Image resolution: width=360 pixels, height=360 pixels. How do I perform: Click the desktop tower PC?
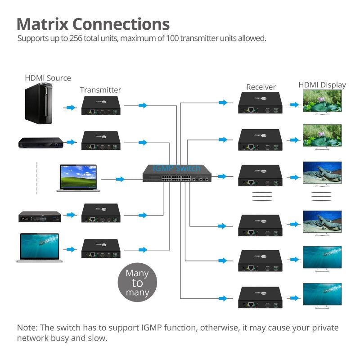tap(39, 104)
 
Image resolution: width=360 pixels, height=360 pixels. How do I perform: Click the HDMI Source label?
tap(48, 78)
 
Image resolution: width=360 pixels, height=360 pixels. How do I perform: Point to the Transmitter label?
tap(100, 90)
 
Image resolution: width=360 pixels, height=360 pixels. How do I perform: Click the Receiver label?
tap(261, 87)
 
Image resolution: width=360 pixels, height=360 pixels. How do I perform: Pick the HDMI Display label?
tap(322, 85)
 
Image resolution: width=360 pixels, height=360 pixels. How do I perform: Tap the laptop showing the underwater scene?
tap(39, 247)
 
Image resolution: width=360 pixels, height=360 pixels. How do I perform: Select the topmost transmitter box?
tap(102, 105)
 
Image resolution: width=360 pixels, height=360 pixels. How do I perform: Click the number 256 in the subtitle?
tap(75, 38)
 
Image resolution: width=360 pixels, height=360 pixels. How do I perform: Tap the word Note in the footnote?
tap(27, 328)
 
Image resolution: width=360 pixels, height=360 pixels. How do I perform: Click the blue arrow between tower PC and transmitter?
tap(70, 108)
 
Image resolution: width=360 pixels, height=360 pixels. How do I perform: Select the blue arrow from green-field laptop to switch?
tap(120, 179)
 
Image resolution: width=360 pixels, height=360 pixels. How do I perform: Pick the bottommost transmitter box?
tap(102, 248)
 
